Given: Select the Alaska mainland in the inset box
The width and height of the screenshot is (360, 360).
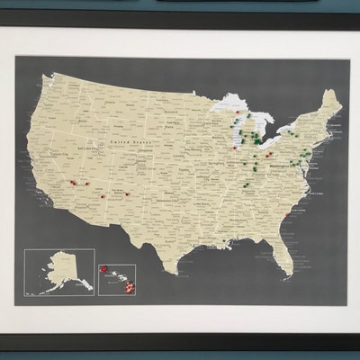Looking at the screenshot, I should (62, 267).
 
